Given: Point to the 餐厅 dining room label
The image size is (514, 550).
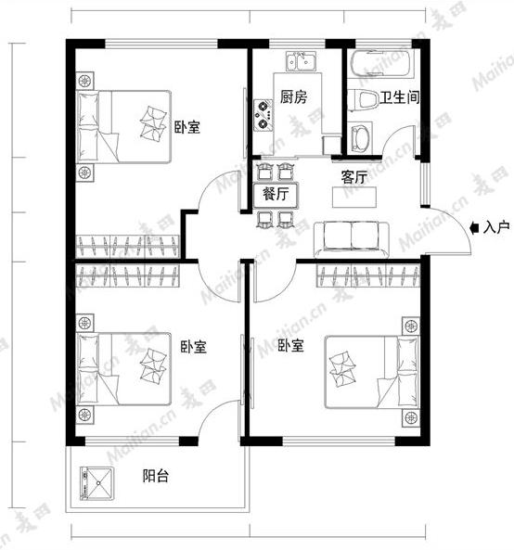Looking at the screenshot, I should point(276,194).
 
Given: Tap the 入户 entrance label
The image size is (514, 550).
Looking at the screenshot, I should point(497,226).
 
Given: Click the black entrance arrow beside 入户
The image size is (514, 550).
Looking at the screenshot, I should point(476,226).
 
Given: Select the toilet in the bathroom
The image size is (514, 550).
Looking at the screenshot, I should point(364,102).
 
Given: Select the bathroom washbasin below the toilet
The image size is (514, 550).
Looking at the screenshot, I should point(360,138).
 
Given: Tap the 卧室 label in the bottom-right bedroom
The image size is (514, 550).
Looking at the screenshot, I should point(290,347).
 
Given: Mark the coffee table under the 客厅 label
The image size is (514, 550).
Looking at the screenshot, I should point(354,198).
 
